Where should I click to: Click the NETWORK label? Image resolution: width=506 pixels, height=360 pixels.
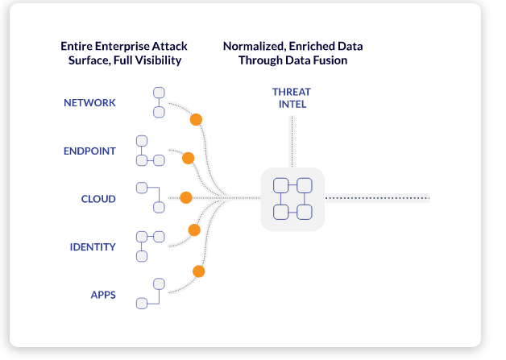[x=90, y=103]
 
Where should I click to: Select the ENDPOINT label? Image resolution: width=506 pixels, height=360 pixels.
[x=90, y=151]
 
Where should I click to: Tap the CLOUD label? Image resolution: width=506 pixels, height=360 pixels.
[x=98, y=199]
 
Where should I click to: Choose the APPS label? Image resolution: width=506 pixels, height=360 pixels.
[x=103, y=295]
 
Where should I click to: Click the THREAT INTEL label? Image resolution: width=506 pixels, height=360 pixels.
[x=290, y=97]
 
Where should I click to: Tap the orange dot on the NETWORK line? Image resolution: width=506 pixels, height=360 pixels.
[x=195, y=120]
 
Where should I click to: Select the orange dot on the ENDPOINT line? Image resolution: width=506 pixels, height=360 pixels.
[x=188, y=158]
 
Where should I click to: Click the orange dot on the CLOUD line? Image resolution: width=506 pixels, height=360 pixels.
[x=186, y=197]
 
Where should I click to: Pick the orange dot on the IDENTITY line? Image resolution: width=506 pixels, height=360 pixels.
[x=193, y=230]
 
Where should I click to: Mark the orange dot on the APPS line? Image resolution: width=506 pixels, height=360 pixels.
[x=198, y=271]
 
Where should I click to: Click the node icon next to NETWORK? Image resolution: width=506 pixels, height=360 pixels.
[x=160, y=101]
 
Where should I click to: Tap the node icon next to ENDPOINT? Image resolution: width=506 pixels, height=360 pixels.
[x=149, y=150]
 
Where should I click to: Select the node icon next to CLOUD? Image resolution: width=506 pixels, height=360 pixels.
[x=150, y=198]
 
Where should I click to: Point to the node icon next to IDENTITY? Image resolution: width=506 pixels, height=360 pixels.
[x=149, y=246]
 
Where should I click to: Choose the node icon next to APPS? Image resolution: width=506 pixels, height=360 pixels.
[x=151, y=294]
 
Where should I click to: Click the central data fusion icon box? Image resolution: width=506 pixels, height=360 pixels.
[x=292, y=199]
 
